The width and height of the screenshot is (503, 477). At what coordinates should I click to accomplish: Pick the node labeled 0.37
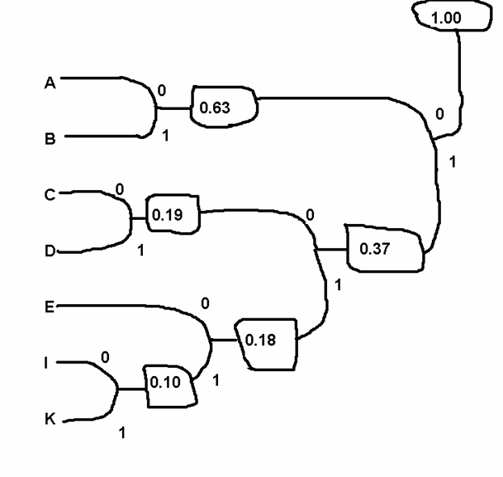[x=384, y=249]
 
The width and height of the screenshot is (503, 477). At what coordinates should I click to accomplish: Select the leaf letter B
[x=50, y=138]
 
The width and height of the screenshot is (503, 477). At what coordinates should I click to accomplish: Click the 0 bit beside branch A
[x=161, y=90]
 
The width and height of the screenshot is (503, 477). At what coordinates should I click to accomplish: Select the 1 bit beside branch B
[x=165, y=136]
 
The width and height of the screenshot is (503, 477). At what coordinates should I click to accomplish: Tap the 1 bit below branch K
[x=123, y=433]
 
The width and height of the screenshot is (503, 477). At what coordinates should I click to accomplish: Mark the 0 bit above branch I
[x=105, y=355]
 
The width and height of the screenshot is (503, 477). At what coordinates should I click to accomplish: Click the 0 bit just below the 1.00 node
[x=439, y=114]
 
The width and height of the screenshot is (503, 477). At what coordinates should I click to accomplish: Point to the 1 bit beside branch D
[x=140, y=251]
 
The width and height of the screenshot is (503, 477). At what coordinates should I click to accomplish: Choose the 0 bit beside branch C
[x=119, y=190]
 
